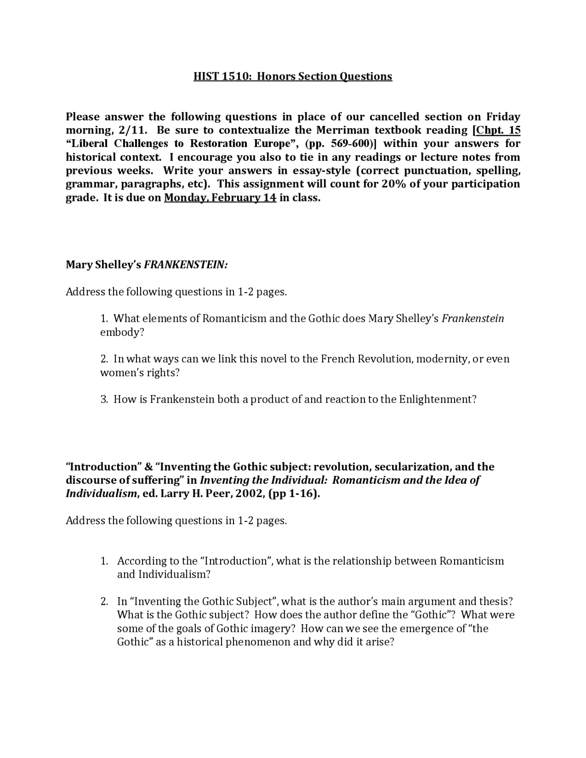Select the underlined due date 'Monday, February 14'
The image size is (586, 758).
(x=220, y=198)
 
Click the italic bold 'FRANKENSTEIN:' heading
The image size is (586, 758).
(x=186, y=265)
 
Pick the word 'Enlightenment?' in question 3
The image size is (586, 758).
(x=438, y=400)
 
